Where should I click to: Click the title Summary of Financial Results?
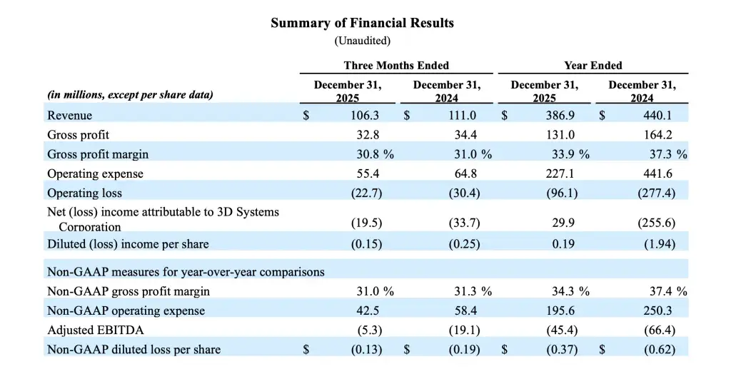pos(362,23)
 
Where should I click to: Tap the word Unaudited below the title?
pos(362,41)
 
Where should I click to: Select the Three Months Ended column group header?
pos(396,65)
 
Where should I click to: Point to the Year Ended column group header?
pos(593,65)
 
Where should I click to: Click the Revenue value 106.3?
pos(365,115)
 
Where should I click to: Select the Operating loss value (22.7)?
pos(365,193)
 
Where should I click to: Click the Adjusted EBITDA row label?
pos(87,330)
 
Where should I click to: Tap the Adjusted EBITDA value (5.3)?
pos(368,330)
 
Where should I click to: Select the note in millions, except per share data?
pos(130,94)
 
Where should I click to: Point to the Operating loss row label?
pos(84,193)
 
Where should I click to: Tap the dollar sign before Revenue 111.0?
pos(405,115)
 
